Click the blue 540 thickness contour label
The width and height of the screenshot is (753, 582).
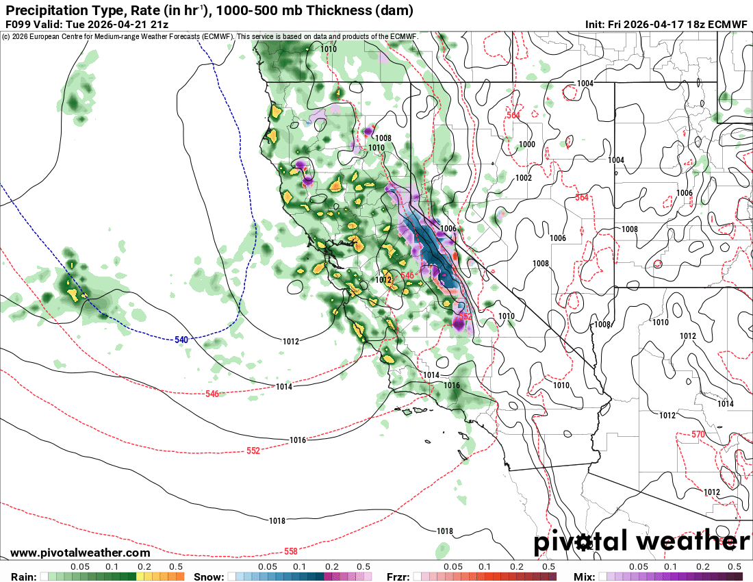click(181, 340)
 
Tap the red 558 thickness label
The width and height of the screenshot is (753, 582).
click(291, 552)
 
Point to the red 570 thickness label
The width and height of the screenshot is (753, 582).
click(698, 435)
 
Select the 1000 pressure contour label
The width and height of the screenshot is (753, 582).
click(527, 144)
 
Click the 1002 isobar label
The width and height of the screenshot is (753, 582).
click(524, 178)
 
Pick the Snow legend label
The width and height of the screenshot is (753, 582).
click(209, 577)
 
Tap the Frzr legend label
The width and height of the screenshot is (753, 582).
click(398, 577)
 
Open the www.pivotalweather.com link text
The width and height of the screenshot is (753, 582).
click(80, 553)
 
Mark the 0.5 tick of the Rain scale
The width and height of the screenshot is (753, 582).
click(177, 567)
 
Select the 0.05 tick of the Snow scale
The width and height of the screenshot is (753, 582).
click(268, 567)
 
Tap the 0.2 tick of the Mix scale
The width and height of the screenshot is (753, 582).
click(703, 567)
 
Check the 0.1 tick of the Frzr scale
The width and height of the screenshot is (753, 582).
click(485, 567)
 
